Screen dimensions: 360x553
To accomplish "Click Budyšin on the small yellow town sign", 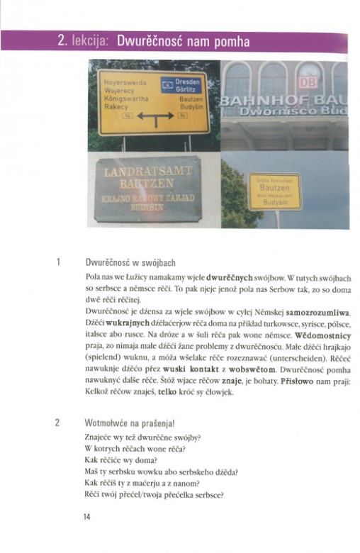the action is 274,202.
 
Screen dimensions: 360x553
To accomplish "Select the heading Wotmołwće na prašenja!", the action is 130,423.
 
